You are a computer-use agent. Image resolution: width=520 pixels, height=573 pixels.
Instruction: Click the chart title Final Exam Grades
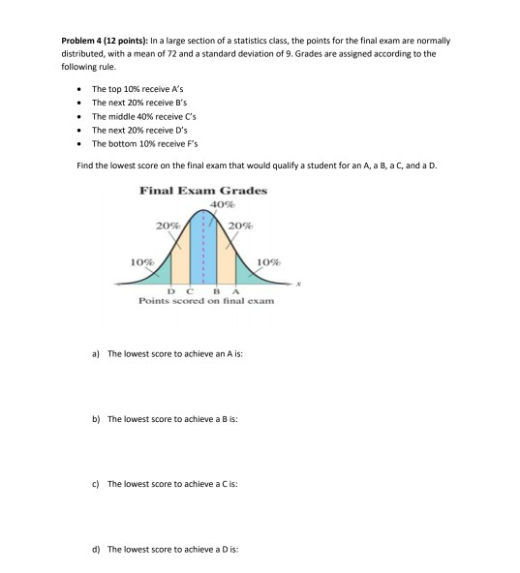[x=203, y=191]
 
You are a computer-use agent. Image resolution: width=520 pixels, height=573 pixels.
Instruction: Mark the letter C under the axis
[x=188, y=292]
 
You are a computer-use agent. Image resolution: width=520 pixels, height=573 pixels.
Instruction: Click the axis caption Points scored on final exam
[x=206, y=302]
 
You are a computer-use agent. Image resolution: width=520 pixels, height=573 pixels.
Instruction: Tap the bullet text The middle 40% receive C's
[x=138, y=115]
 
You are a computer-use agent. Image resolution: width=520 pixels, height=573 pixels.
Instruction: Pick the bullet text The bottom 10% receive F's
[x=138, y=141]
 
